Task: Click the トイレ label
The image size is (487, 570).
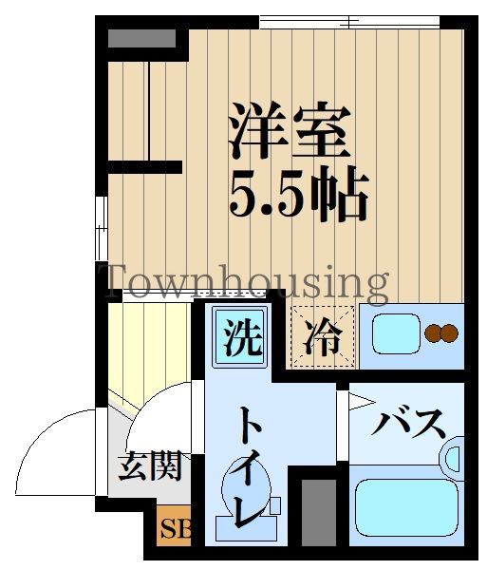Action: pos(246,465)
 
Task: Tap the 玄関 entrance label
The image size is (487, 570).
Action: pos(149,465)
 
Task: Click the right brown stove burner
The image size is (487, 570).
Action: pos(450,332)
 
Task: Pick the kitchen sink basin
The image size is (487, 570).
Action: pos(396,333)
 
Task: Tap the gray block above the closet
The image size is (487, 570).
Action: pos(141,39)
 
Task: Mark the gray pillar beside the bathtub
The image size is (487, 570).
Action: pos(318,513)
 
